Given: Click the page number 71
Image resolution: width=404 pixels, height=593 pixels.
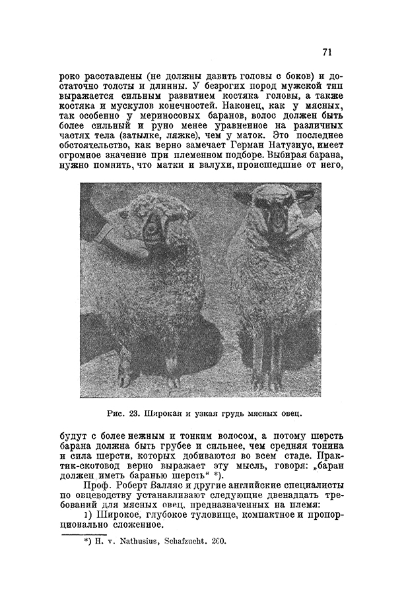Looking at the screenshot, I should coord(328,53).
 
